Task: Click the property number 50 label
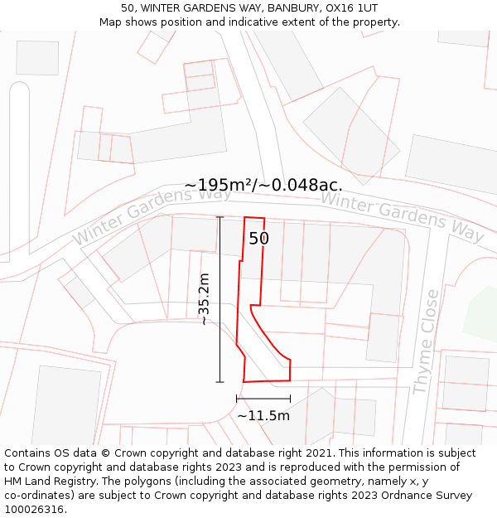(x=259, y=239)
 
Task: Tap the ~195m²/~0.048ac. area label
(x=263, y=185)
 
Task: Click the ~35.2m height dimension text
(x=205, y=299)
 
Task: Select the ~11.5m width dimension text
(x=263, y=415)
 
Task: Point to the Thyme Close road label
(x=425, y=341)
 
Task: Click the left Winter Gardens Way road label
(x=152, y=215)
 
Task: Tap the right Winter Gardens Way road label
(x=403, y=215)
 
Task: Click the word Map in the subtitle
(x=112, y=22)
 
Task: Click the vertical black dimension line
(x=220, y=299)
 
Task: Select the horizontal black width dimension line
(x=263, y=399)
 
